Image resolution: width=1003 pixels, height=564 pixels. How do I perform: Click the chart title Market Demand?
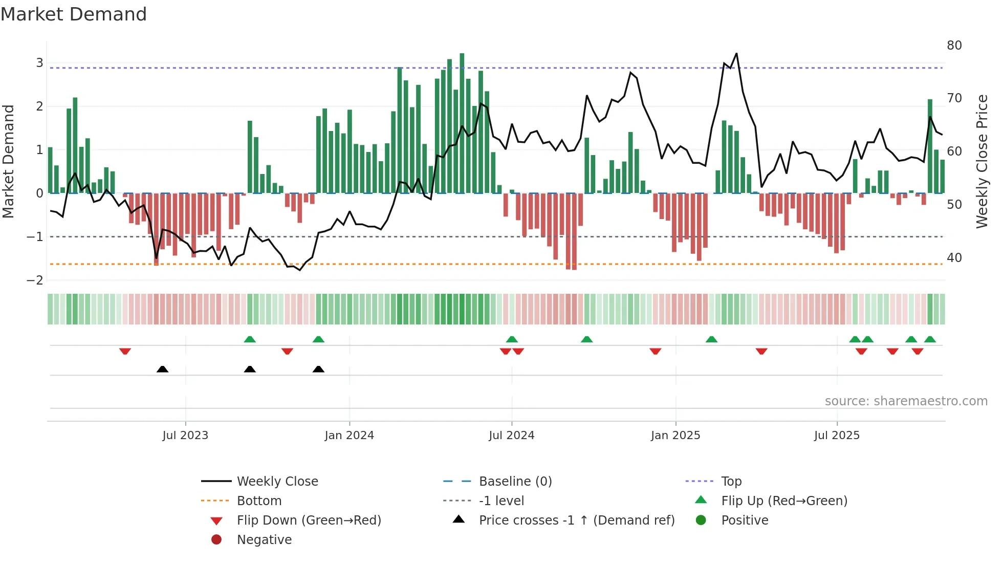tap(74, 14)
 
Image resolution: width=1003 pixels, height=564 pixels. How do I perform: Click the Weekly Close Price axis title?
tap(982, 161)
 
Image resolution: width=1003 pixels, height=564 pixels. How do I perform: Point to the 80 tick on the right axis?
tap(954, 46)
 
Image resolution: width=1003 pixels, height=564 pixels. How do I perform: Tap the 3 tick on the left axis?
tap(39, 63)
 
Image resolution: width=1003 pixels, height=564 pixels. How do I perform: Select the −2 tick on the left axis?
tap(35, 280)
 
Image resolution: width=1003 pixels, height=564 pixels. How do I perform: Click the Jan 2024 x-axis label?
tap(349, 436)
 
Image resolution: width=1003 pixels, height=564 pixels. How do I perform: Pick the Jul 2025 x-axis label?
tap(837, 436)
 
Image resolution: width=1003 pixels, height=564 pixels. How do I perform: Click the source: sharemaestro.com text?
tap(906, 401)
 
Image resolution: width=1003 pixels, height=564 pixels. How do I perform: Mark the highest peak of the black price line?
tap(736, 53)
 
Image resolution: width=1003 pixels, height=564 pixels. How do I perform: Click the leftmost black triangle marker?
tap(162, 369)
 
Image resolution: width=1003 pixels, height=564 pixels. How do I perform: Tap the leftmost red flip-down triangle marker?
tap(125, 351)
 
